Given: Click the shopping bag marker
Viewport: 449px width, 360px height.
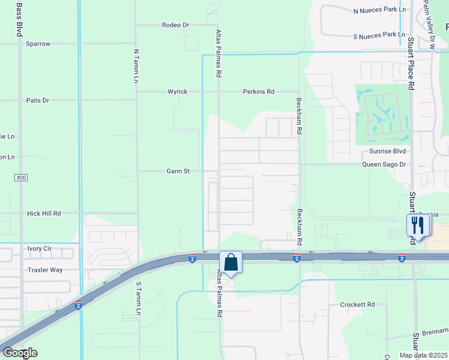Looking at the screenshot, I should (231, 263).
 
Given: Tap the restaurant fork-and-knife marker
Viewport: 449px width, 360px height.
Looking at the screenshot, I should (417, 226).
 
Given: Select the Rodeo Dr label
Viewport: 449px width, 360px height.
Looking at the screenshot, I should (175, 25).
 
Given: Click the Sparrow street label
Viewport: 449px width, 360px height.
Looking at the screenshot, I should (38, 44).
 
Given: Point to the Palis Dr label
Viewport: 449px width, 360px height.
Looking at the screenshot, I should (38, 100).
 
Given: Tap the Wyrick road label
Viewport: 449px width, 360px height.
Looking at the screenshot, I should (177, 92).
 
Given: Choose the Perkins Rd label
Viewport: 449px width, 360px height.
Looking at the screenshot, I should (258, 92).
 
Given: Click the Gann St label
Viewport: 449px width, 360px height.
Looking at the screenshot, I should (178, 171).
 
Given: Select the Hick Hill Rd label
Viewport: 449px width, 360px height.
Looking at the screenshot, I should (44, 213).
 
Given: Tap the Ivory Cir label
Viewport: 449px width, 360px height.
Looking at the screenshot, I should (40, 248).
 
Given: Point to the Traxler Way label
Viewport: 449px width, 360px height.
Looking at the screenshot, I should (45, 270).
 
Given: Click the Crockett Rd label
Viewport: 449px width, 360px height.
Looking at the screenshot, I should (357, 305).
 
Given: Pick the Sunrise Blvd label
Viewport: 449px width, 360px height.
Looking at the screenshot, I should (388, 152).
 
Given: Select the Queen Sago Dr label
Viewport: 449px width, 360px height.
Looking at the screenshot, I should (384, 164).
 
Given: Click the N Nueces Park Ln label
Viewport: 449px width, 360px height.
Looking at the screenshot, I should (379, 10).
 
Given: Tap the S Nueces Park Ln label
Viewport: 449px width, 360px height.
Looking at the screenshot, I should (379, 35).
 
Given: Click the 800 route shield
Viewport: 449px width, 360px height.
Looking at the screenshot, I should (22, 178).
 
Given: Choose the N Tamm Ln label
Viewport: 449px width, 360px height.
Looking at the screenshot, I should (136, 66).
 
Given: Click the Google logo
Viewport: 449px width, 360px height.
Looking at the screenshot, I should (19, 352).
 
